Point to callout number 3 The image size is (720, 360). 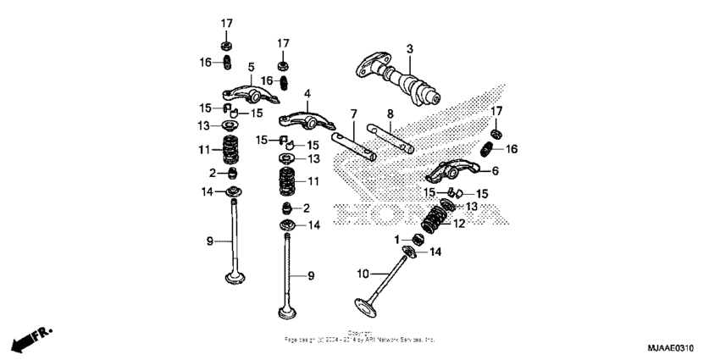pyautogui.click(x=408, y=49)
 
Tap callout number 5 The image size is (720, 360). pyautogui.click(x=252, y=67)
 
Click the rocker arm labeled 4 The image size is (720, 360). pyautogui.click(x=298, y=116)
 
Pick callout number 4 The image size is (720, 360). pyautogui.click(x=307, y=93)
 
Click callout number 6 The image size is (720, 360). pyautogui.click(x=496, y=170)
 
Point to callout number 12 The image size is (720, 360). pyautogui.click(x=460, y=224)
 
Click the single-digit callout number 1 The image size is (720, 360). pyautogui.click(x=396, y=241)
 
